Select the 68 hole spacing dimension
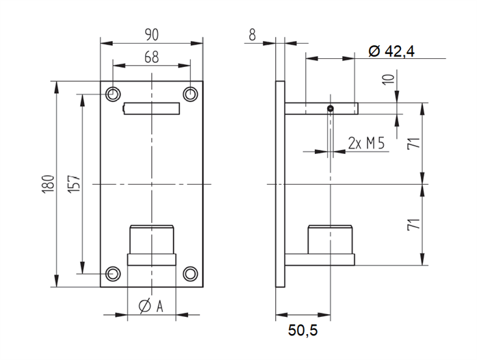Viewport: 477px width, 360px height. coord(152,57)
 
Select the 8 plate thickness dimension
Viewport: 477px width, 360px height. coord(253,34)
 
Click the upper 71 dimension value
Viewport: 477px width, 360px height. coord(413,144)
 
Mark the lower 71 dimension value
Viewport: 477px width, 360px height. coord(413,224)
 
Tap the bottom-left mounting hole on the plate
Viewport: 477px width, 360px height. coord(114,274)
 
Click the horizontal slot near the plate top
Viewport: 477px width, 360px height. coord(152,108)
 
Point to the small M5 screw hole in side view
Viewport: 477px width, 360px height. coord(331,107)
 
